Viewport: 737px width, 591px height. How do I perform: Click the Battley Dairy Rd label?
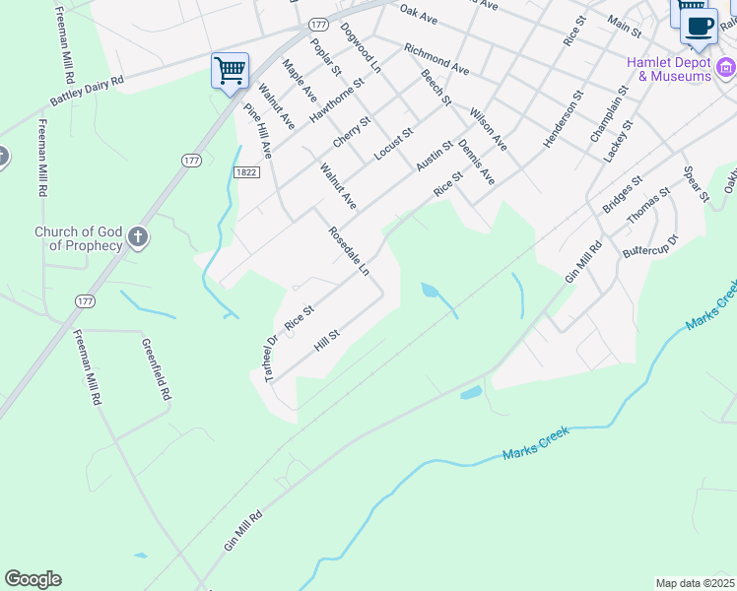pyautogui.click(x=89, y=93)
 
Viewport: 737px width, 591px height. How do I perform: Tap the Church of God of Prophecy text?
pyautogui.click(x=78, y=238)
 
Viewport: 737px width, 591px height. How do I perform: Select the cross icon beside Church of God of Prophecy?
pyautogui.click(x=137, y=237)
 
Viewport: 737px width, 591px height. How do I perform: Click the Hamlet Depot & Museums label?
pyautogui.click(x=669, y=68)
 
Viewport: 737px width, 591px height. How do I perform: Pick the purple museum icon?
pyautogui.click(x=726, y=67)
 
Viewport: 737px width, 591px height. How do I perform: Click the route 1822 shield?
pyautogui.click(x=246, y=171)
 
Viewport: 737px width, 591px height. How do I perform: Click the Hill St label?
pyautogui.click(x=326, y=342)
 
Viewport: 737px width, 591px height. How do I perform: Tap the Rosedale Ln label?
pyautogui.click(x=349, y=250)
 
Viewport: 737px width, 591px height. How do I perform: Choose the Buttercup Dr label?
pyautogui.click(x=650, y=245)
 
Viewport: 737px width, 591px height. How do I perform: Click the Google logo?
pyautogui.click(x=33, y=579)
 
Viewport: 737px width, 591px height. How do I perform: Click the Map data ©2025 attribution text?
pyautogui.click(x=694, y=583)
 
